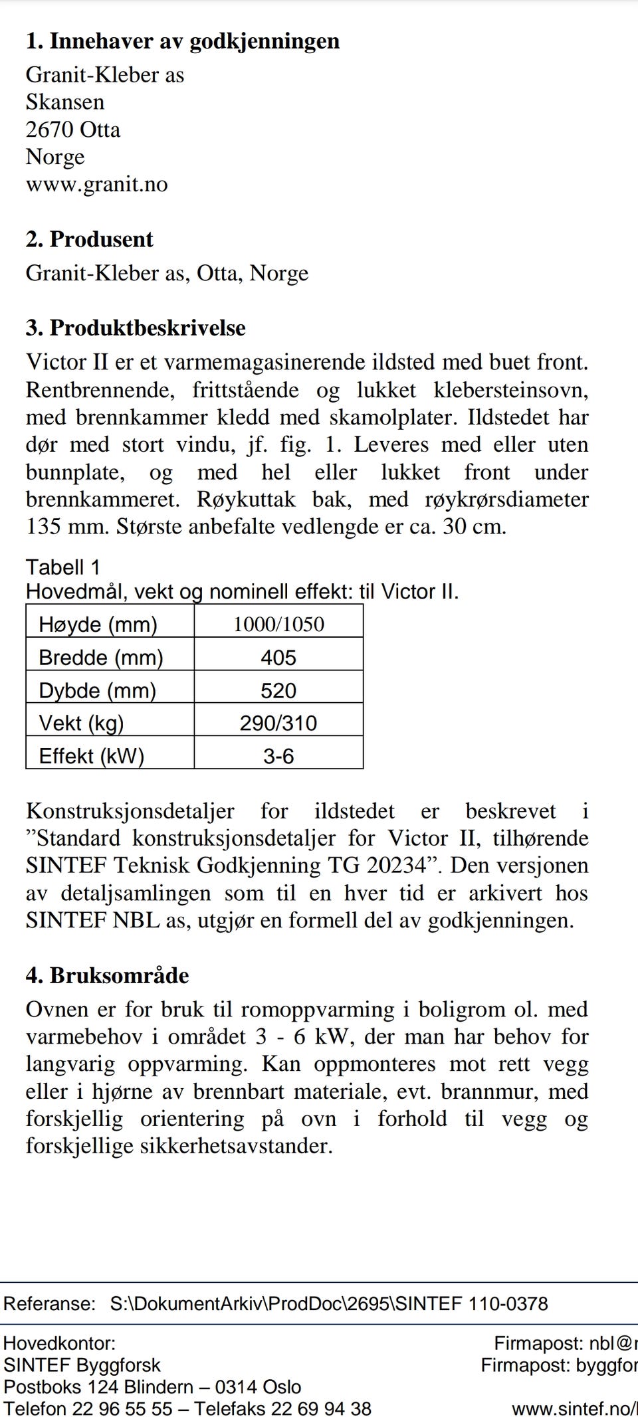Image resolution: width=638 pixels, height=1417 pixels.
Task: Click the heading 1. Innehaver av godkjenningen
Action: (182, 41)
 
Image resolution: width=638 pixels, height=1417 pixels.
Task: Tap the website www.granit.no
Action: (96, 184)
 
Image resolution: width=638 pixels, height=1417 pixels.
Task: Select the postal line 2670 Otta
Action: (73, 130)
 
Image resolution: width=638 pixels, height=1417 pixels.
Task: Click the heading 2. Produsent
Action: (89, 239)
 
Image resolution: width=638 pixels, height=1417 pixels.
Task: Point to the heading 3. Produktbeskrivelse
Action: (136, 328)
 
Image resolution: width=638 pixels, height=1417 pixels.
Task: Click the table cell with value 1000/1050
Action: (278, 624)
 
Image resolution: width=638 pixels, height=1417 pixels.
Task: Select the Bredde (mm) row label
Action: (101, 658)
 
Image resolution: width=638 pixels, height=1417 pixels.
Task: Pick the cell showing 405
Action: (278, 658)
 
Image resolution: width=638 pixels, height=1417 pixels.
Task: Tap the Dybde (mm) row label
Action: (97, 691)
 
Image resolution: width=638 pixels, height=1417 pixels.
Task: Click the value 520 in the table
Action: (278, 691)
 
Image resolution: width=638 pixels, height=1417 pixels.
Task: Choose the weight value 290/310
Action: (278, 723)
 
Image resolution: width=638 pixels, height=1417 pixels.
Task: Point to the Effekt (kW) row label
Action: (92, 756)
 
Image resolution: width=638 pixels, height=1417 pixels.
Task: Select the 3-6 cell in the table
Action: (278, 756)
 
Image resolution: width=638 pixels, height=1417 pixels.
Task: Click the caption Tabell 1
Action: (63, 567)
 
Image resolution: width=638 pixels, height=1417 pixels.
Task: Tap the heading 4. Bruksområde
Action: (107, 975)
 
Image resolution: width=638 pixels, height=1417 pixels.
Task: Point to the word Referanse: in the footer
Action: (49, 1303)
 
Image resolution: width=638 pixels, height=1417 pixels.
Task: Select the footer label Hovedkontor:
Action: (59, 1343)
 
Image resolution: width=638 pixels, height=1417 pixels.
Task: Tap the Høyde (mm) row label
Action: (98, 624)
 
